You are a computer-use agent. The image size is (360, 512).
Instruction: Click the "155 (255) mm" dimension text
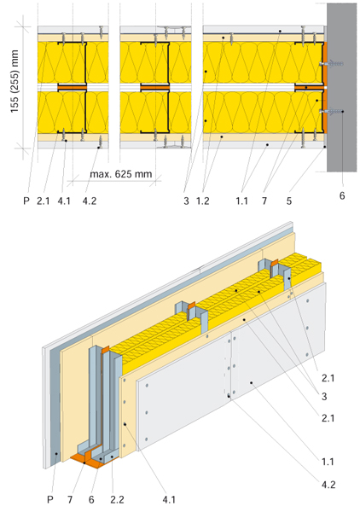coord(15,82)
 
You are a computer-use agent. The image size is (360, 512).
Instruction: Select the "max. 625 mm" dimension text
coord(121,174)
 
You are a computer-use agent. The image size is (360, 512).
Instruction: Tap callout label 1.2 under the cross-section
coord(203,201)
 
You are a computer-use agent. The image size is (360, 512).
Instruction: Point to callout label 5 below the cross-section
coord(289,201)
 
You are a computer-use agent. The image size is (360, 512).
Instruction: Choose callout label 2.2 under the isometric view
coord(117,499)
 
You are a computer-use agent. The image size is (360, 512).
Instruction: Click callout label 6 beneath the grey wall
coord(342,195)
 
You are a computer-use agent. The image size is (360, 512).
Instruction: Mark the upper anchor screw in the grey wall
coord(331,64)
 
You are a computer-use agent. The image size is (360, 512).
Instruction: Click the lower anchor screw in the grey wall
coord(331,112)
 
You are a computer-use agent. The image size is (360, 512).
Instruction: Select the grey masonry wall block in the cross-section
coord(341,88)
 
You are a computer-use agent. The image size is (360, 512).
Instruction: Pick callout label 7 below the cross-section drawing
coord(264,201)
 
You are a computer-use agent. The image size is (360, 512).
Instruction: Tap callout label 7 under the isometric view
coord(70,499)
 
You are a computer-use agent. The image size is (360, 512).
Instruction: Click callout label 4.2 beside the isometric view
coord(328,485)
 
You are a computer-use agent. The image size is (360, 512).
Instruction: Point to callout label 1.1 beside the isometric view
coord(328,462)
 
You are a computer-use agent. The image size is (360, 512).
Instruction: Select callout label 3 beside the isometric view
coord(324,397)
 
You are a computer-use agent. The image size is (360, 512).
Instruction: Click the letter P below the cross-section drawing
coord(26,201)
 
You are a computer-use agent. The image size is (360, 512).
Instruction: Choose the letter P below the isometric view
coord(50,499)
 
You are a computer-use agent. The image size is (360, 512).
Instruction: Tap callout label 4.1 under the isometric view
coord(169,499)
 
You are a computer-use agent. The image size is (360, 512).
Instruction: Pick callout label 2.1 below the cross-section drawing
coord(44,201)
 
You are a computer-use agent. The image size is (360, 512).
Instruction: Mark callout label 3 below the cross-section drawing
coord(186,201)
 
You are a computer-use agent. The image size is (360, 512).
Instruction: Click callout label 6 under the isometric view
coord(91,499)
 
